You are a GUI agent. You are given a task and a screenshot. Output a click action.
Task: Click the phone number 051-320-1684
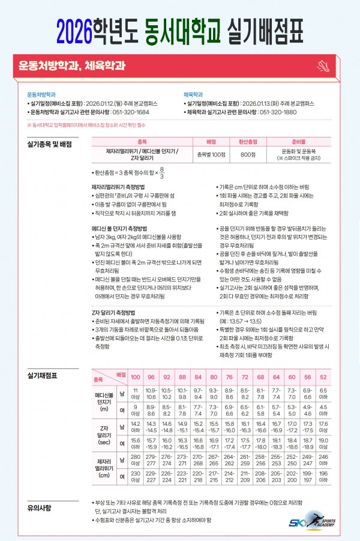(x=133, y=112)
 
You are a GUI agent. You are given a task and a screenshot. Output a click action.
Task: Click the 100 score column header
(x=136, y=376)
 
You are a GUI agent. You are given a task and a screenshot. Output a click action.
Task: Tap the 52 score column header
(x=323, y=376)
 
